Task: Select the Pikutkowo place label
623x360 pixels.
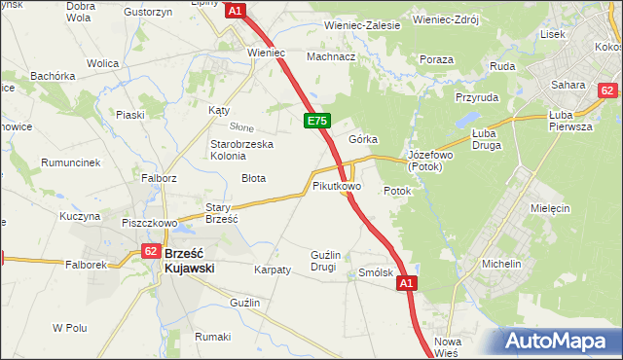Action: click(337, 185)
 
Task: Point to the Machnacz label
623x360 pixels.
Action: click(331, 56)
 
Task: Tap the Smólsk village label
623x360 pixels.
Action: click(376, 273)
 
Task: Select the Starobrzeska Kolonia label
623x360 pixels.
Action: click(242, 151)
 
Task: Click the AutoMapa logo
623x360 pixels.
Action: click(561, 342)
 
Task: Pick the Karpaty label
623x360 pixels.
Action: click(273, 270)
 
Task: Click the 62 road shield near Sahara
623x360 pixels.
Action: click(607, 90)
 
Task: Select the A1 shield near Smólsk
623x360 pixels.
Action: click(406, 283)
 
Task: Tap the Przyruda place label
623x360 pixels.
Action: click(476, 97)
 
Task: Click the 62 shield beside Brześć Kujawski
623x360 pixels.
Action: click(150, 251)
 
